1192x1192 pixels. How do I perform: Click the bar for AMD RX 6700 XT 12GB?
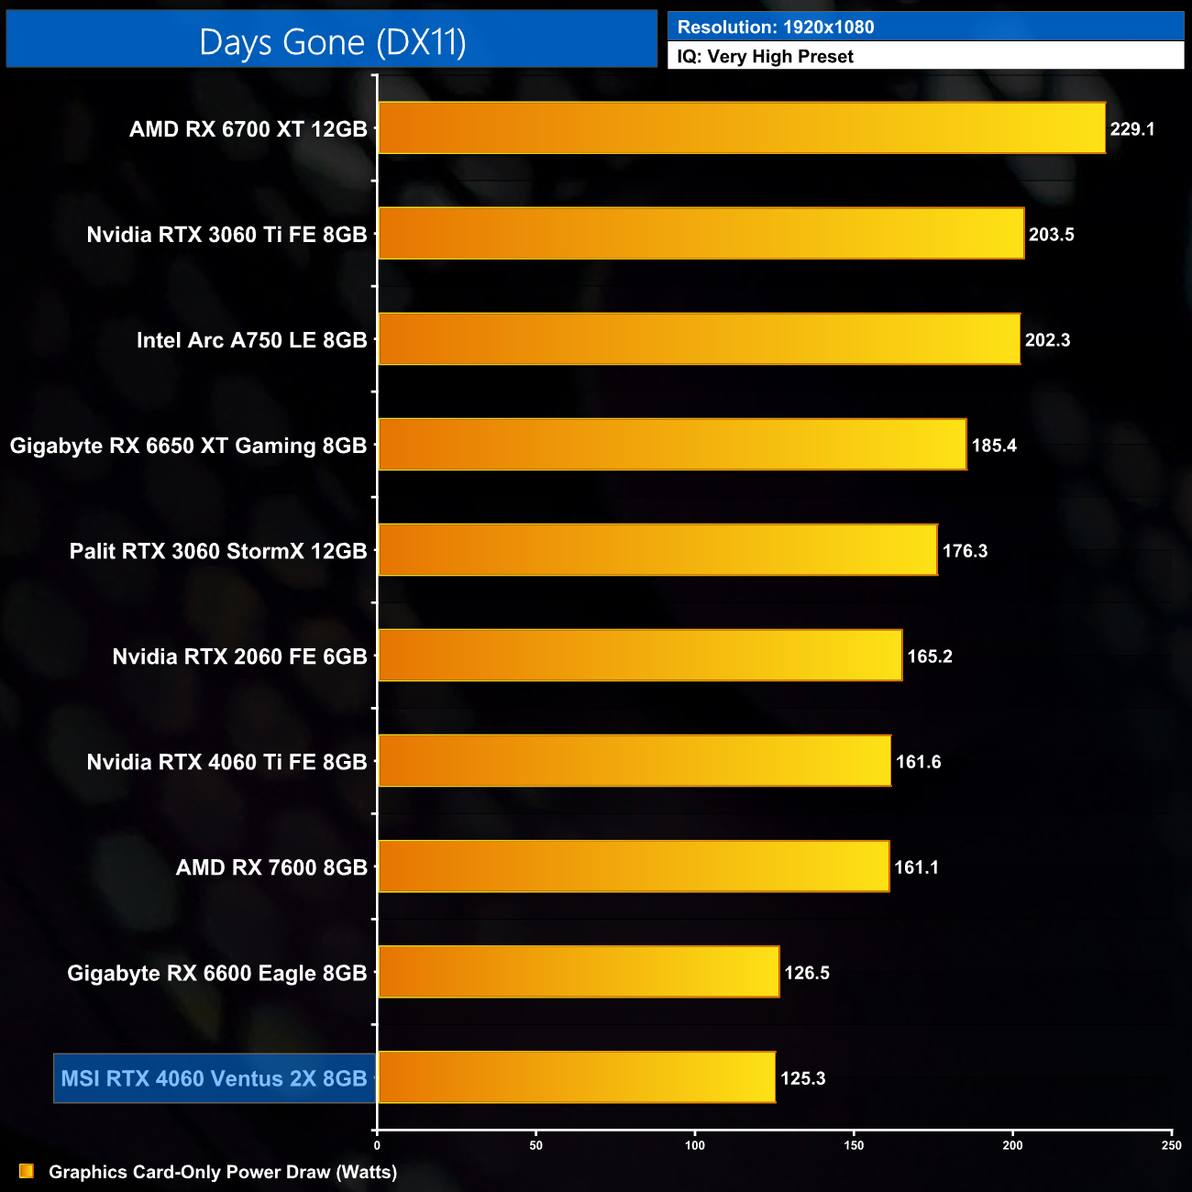741,127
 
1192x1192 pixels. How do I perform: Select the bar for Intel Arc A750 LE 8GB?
699,339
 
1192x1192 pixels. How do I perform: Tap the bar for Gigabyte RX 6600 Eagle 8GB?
579,972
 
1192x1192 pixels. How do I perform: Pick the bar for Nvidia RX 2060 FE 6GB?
640,656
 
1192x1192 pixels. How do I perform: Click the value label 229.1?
1131,129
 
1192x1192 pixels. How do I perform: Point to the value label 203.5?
1051,235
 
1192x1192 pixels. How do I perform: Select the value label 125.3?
802,1078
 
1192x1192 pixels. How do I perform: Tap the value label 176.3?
965,551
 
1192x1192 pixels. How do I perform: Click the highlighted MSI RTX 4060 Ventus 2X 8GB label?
214,1078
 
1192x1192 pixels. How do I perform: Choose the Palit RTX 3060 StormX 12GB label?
218,551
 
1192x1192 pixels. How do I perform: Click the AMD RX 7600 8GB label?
271,867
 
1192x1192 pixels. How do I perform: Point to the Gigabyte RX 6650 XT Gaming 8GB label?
188,446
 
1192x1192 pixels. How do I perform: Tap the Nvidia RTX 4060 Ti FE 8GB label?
226,762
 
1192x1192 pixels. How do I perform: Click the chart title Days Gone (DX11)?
332,42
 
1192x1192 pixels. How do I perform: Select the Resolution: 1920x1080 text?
776,28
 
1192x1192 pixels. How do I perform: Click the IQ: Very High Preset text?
765,57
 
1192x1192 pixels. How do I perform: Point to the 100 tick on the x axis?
695,1145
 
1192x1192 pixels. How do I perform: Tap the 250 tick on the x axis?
1171,1145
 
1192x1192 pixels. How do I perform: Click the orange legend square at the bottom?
27,1171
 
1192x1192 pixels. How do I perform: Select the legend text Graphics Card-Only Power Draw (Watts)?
223,1172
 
